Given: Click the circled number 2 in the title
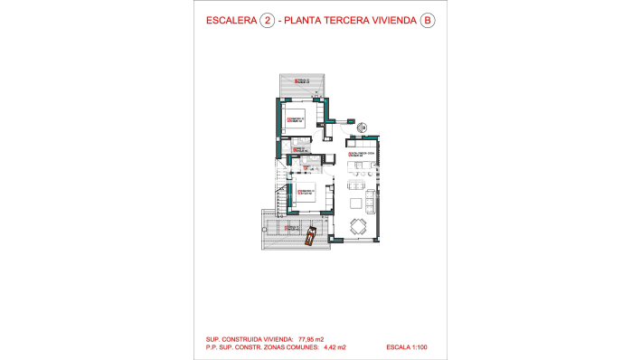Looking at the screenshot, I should (267, 23).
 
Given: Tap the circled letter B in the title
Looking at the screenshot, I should (428, 23).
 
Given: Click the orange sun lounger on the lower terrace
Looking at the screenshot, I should (310, 236).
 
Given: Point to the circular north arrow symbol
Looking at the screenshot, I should (362, 128).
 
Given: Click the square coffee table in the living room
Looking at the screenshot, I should (355, 200).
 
